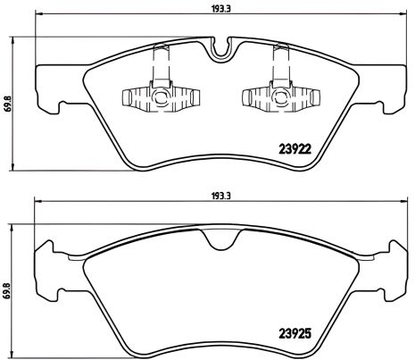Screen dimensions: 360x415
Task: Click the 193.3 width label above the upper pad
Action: [x=213, y=11]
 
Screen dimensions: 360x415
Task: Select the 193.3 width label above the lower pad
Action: [x=212, y=190]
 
